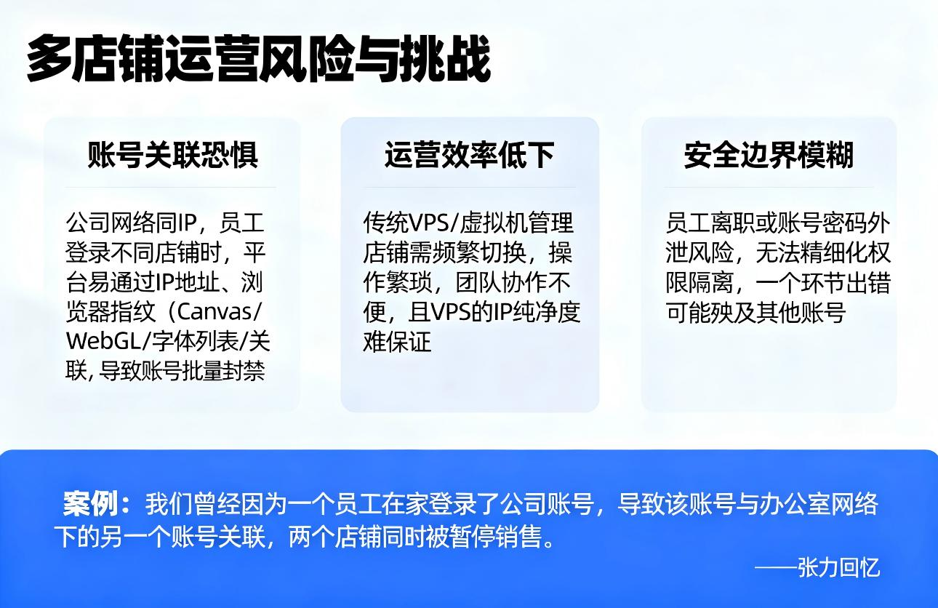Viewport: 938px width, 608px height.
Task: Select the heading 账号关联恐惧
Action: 172,155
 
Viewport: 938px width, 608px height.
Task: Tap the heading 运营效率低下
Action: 469,155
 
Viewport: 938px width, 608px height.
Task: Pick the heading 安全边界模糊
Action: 769,155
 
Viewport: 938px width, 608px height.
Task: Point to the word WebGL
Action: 98,341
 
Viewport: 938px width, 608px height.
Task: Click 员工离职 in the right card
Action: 711,223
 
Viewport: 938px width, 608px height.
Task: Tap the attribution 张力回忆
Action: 838,567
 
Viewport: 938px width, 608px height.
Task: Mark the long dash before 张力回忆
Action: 775,567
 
